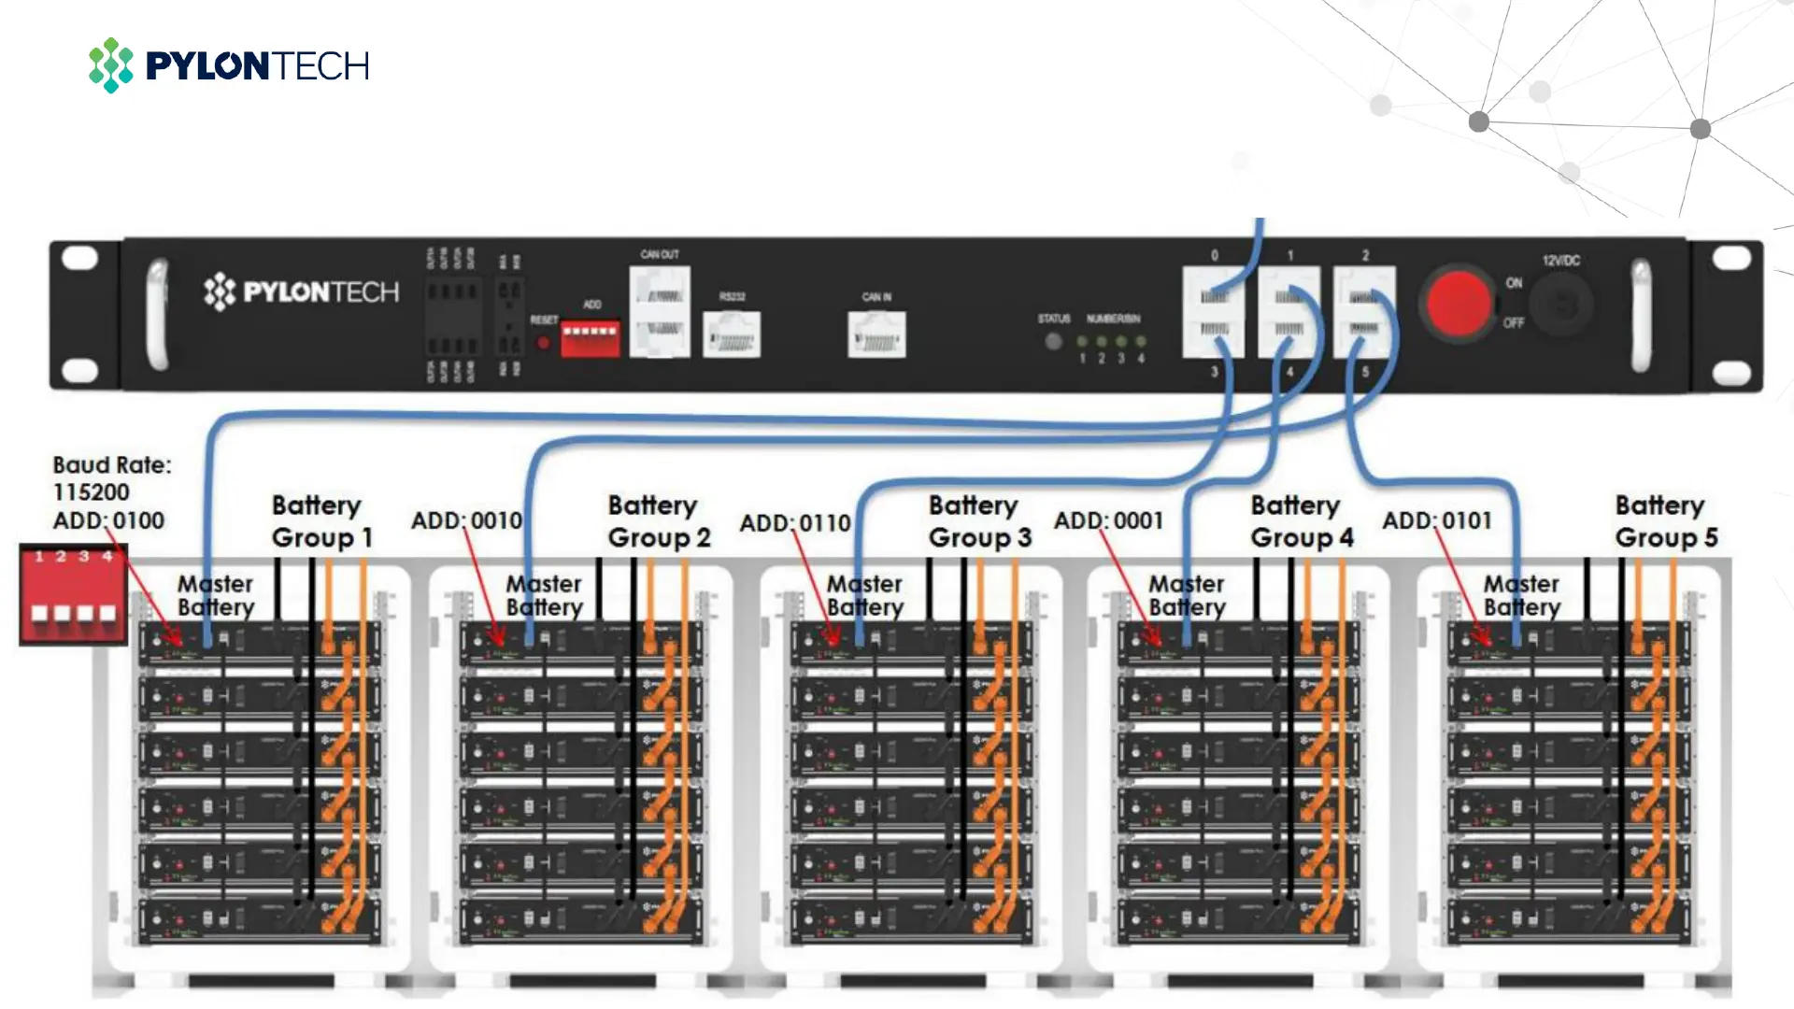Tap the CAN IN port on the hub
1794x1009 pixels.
(876, 334)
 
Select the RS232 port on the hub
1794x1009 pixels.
(732, 334)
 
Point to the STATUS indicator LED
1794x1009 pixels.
(1053, 341)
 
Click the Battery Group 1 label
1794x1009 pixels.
(321, 521)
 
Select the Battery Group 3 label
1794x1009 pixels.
(978, 521)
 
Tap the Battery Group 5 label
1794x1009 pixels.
(1665, 521)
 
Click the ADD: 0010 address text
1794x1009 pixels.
(466, 520)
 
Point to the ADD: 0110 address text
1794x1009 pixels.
(795, 522)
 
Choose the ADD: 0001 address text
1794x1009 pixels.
(1109, 520)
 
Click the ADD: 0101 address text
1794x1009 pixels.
(1437, 520)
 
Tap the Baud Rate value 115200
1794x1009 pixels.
(91, 492)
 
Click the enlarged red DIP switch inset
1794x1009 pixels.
(73, 595)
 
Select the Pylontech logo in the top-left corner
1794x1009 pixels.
(229, 65)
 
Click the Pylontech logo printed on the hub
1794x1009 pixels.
(301, 292)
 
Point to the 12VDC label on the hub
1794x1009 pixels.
(1560, 261)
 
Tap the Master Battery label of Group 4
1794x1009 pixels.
(1187, 595)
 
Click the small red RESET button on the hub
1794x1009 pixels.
(543, 343)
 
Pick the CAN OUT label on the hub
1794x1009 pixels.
(660, 254)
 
